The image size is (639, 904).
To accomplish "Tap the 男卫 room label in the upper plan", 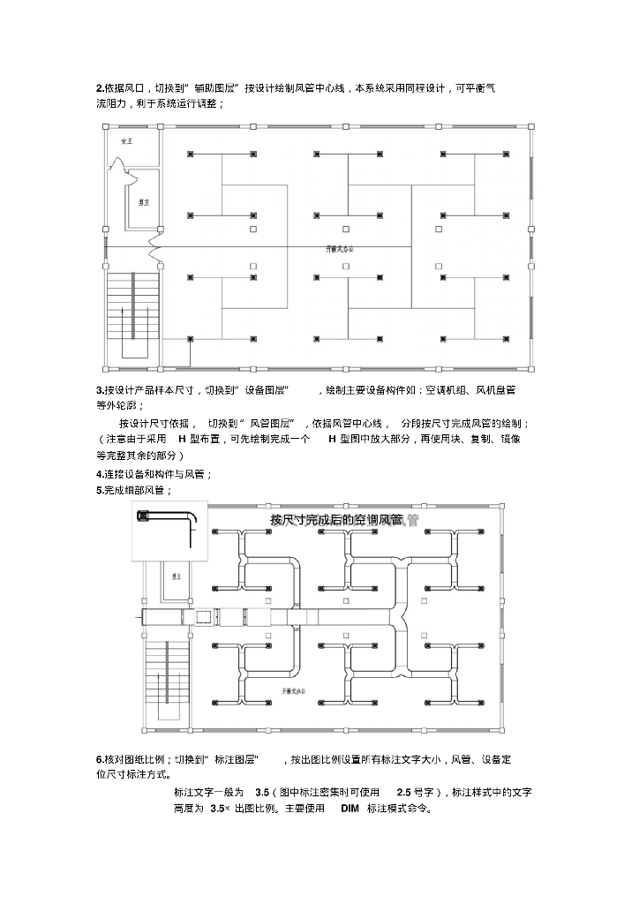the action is (141, 202).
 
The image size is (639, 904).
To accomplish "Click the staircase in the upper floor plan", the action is (133, 316).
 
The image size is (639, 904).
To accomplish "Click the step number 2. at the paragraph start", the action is (100, 88).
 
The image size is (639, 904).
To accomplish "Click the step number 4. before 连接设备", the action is (100, 474).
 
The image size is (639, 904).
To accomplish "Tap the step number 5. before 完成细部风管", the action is (100, 490).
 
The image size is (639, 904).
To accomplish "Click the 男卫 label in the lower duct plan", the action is (177, 576).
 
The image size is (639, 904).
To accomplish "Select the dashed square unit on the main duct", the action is (201, 615).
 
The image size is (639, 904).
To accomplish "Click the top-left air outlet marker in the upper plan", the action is (191, 154).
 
